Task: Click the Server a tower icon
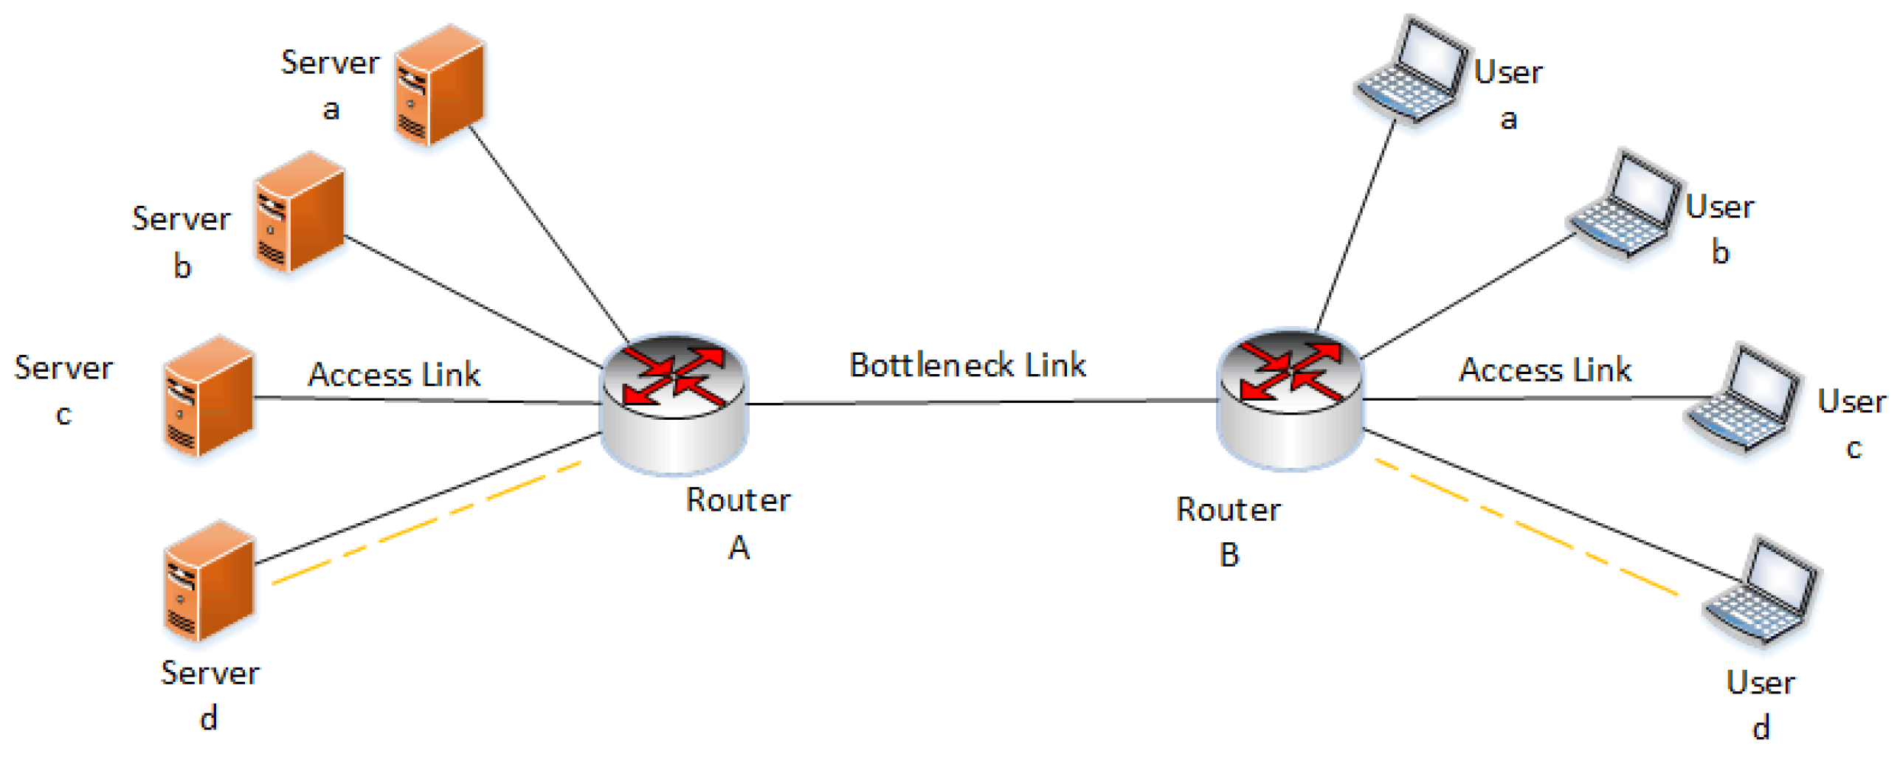(x=440, y=84)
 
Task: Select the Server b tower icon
(x=300, y=212)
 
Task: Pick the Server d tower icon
(x=209, y=580)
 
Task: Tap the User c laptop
(x=1742, y=398)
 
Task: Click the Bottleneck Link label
(x=967, y=365)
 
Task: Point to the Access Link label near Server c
(x=394, y=375)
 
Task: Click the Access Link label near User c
(x=1545, y=370)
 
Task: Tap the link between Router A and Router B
(x=981, y=402)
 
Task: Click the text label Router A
(x=738, y=522)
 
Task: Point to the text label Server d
(x=210, y=694)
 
